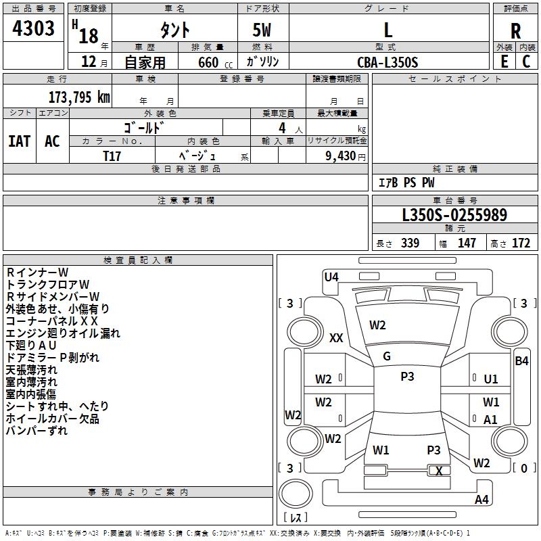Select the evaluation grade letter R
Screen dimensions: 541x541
point(515,30)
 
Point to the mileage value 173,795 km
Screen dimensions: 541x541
point(79,97)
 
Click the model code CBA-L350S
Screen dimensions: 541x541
point(387,62)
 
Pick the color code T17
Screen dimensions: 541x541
point(112,155)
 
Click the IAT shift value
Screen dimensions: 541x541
point(19,141)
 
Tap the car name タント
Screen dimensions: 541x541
point(174,30)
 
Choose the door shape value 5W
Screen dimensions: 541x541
point(262,30)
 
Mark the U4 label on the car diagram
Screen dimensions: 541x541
point(331,277)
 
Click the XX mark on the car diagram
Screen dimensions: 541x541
point(336,338)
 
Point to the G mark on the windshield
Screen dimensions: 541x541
point(387,356)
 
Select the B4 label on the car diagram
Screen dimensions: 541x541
point(521,361)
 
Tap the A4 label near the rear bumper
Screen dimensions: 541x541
point(481,500)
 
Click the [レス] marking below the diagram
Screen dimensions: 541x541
point(295,517)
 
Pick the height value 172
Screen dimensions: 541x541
point(521,243)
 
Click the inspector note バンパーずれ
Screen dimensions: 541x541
point(37,431)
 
